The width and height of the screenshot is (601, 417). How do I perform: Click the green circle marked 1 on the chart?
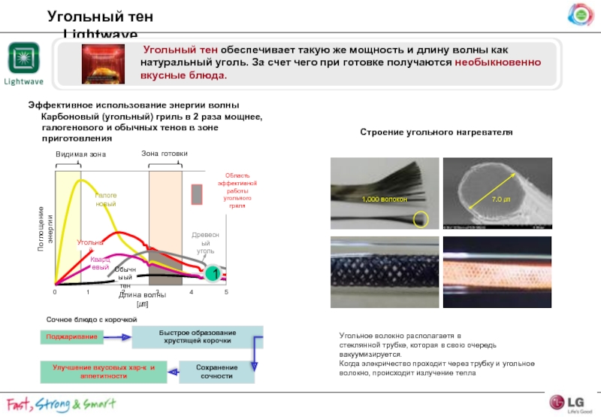coord(213,273)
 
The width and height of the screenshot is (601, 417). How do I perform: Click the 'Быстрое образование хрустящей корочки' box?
coord(197,336)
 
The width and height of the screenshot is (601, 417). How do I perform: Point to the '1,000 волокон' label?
coord(384,199)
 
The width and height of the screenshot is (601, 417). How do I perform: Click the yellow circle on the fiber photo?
coord(421,219)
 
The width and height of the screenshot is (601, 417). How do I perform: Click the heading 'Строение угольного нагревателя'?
coord(436,132)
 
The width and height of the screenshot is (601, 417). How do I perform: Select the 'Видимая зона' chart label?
coord(81,154)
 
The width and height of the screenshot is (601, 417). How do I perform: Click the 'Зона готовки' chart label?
coord(164,154)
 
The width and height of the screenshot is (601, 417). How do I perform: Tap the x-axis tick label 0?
coord(55,291)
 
